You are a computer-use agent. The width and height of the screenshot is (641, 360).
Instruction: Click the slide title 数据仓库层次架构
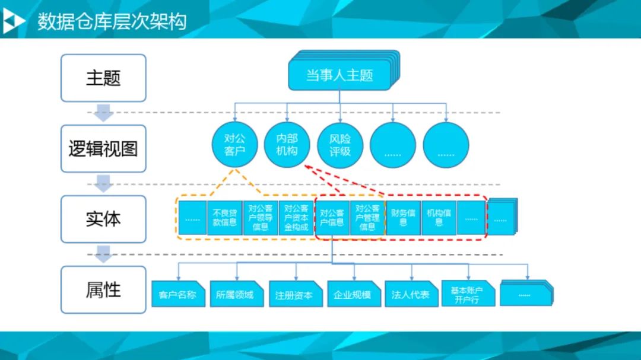[112, 21]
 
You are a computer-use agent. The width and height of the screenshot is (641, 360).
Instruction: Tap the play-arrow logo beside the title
[13, 21]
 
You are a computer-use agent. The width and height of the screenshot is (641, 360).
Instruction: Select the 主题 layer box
[103, 78]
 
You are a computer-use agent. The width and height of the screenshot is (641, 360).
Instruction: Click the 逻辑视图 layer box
[103, 148]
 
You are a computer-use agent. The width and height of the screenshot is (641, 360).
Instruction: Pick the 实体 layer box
[103, 219]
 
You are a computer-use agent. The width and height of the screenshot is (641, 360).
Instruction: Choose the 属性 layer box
[103, 289]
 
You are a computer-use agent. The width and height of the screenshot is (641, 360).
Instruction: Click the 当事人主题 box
[339, 75]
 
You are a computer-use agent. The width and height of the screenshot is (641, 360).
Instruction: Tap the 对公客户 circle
[234, 145]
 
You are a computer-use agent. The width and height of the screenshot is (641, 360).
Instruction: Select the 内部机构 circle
[287, 145]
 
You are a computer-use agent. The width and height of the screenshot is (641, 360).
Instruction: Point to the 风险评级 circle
[340, 145]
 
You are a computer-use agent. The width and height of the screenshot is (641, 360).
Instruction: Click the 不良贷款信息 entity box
[225, 218]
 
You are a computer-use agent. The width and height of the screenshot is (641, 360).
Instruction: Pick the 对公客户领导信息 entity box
[261, 218]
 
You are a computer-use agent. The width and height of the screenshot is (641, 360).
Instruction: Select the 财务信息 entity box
[403, 218]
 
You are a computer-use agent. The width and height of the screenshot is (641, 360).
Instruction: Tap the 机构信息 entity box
[439, 218]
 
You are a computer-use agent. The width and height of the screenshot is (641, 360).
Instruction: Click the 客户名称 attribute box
[178, 294]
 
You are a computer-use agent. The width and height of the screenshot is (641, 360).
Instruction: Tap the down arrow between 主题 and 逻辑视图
[104, 113]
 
